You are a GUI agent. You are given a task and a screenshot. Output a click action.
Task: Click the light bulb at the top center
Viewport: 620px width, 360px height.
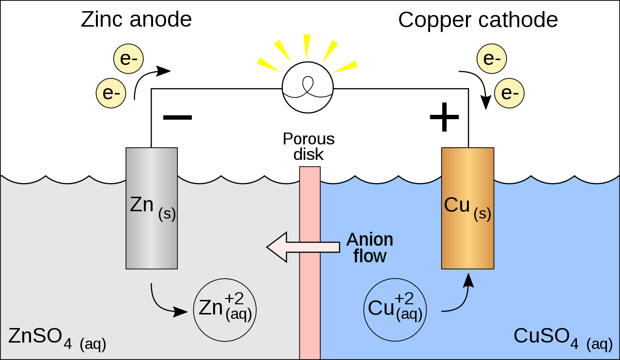click(308, 87)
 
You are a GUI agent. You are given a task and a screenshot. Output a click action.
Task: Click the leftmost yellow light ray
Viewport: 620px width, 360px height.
click(268, 64)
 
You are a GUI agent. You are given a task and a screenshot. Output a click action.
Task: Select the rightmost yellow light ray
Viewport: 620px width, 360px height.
click(346, 66)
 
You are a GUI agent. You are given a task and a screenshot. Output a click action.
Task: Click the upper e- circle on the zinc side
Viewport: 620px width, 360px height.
click(128, 59)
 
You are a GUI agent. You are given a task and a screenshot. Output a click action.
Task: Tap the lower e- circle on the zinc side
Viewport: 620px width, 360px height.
click(111, 93)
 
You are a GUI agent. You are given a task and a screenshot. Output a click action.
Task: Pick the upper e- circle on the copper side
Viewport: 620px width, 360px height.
click(492, 59)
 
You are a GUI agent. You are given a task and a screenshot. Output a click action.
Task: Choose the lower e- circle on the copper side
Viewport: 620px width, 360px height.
click(509, 93)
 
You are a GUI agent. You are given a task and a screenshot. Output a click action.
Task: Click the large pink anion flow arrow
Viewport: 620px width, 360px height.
click(291, 247)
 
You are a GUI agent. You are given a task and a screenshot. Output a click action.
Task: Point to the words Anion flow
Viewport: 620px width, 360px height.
click(370, 248)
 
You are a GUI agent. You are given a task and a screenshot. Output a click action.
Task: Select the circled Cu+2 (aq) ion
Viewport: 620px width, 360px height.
click(395, 308)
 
